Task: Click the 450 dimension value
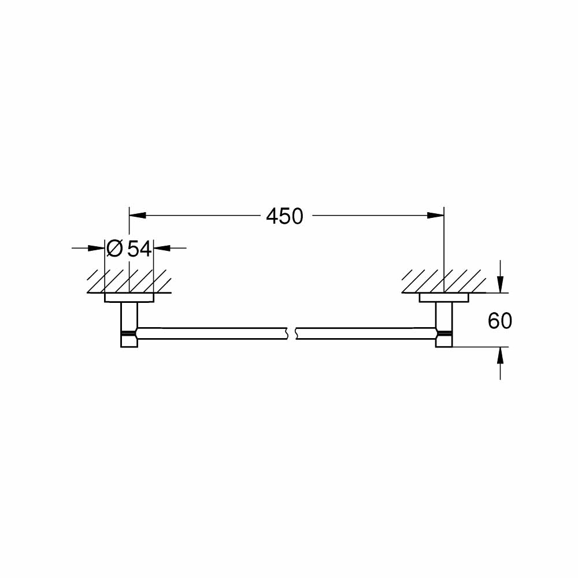coord(284,216)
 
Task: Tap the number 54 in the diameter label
coord(139,249)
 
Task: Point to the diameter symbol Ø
coord(114,249)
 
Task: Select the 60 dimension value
coord(500,320)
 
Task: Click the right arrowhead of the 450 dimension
coord(436,216)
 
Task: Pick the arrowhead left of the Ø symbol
coord(97,249)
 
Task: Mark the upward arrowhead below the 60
coord(501,354)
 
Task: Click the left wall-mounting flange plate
coord(129,298)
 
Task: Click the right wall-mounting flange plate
coord(443,298)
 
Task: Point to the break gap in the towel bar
coord(292,333)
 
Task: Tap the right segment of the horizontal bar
coord(364,333)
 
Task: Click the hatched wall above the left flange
coord(129,281)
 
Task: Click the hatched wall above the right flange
coord(444,281)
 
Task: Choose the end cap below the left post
coord(129,342)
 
